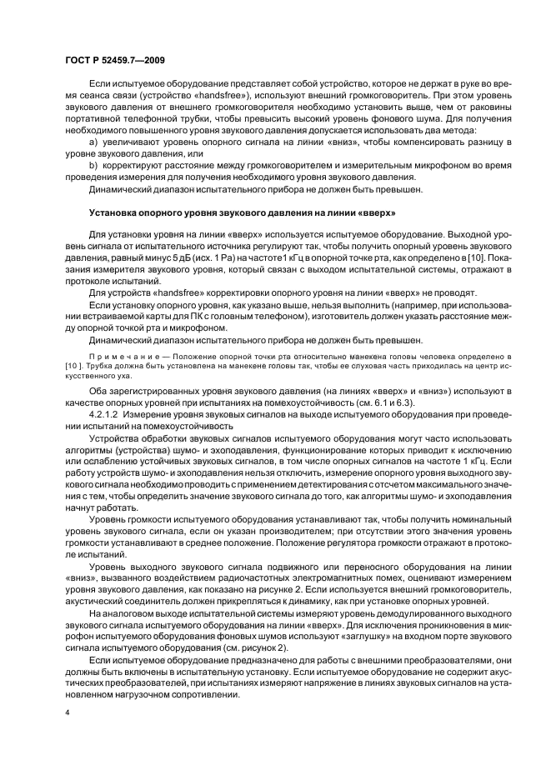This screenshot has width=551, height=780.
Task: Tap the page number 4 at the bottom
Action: tap(67, 712)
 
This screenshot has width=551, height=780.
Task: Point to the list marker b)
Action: tap(93, 167)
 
